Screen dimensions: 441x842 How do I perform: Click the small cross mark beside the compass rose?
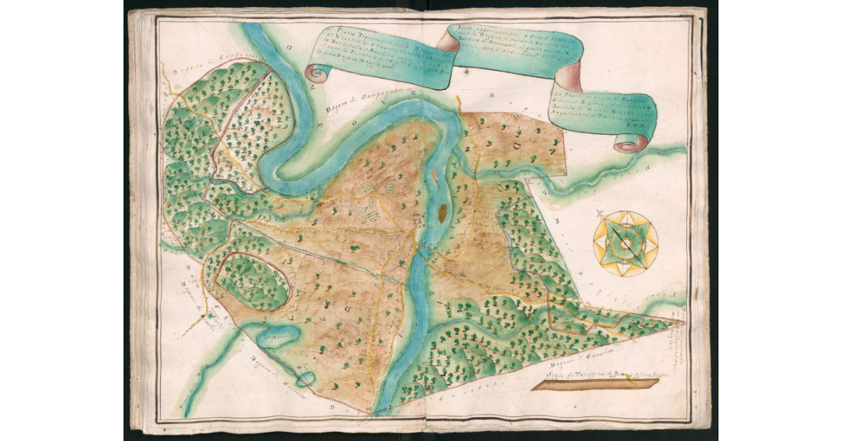coord(598,213)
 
